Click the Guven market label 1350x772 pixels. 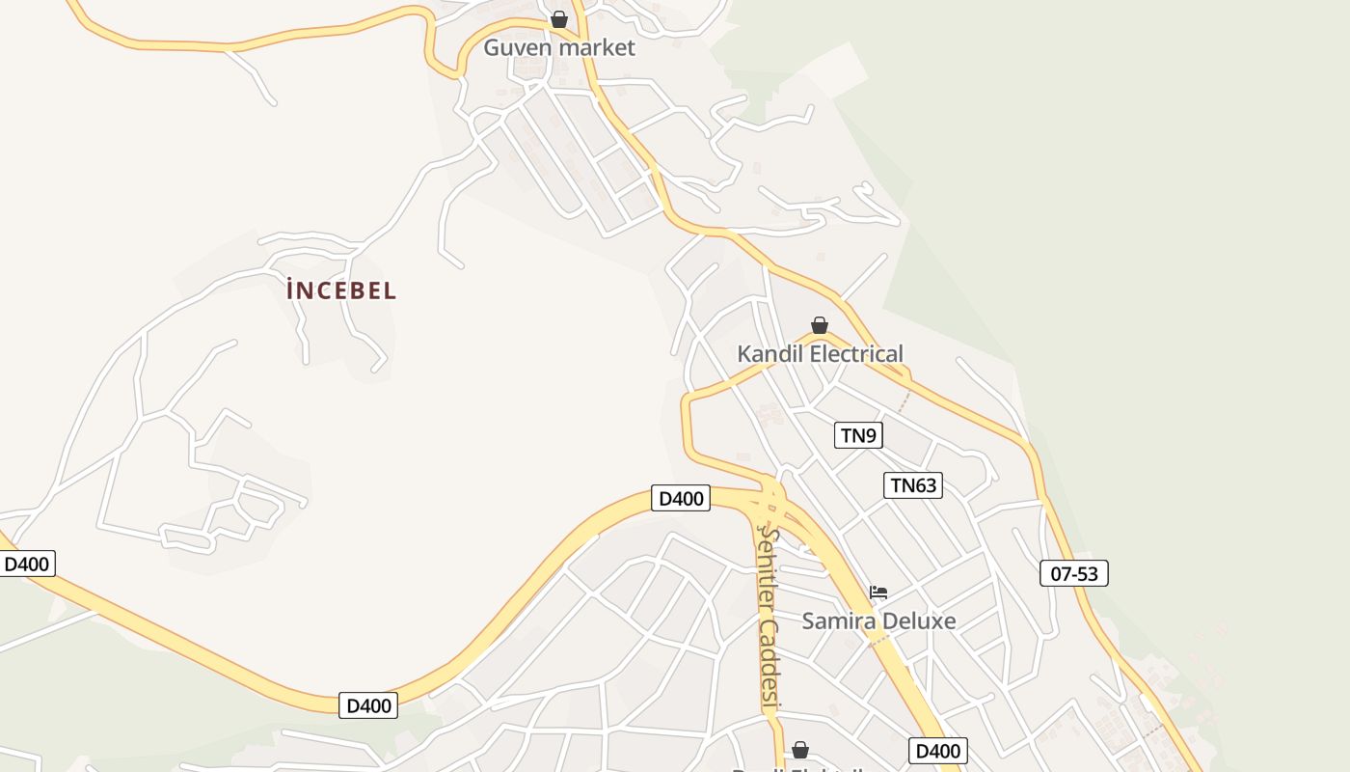tap(559, 47)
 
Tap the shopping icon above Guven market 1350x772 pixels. tap(559, 19)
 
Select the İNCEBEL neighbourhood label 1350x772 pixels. tap(341, 289)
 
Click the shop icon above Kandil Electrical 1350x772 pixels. tap(820, 325)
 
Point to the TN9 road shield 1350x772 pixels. tap(858, 435)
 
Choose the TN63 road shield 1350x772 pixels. tap(913, 485)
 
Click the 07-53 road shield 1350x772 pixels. tap(1074, 573)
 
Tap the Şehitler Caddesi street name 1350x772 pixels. tap(769, 618)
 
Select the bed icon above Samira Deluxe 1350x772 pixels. tap(878, 593)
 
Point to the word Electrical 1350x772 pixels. tap(856, 354)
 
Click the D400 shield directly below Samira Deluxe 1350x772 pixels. tap(937, 751)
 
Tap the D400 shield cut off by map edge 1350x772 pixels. tap(27, 564)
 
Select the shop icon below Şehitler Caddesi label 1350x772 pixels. tap(799, 750)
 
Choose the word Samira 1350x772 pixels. tap(836, 620)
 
